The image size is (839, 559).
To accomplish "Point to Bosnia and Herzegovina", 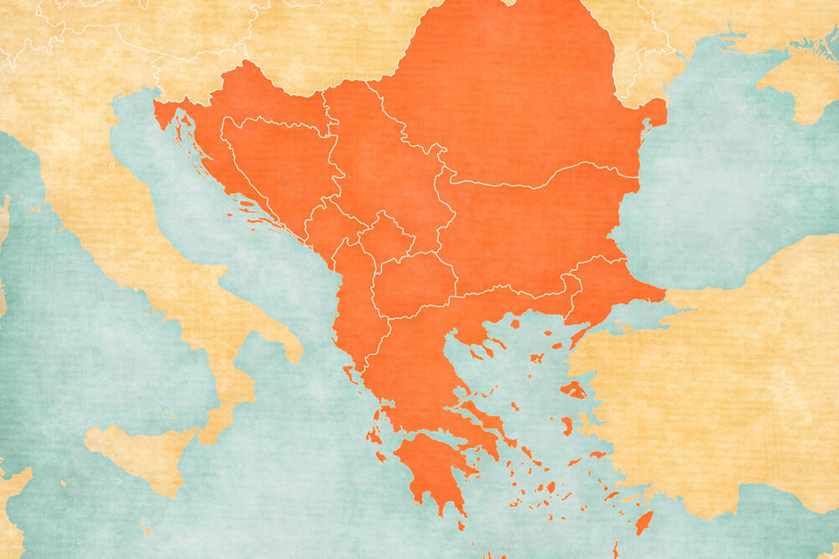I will click(x=277, y=168).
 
